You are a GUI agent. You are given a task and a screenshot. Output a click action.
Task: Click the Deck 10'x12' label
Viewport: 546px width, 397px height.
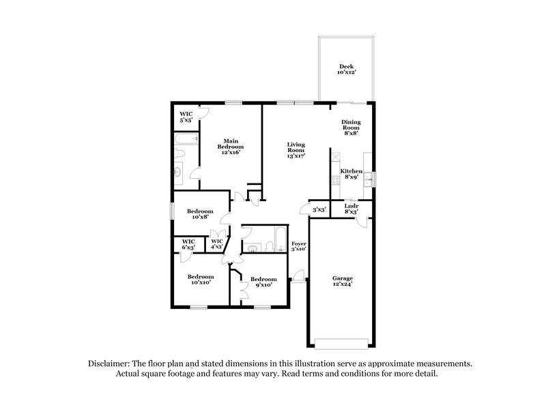[346, 69]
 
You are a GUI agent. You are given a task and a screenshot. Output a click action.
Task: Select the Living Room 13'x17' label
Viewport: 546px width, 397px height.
[296, 150]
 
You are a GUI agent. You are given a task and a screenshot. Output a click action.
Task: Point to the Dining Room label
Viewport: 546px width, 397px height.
[351, 127]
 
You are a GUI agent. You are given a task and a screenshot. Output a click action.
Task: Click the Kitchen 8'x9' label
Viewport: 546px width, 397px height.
[351, 174]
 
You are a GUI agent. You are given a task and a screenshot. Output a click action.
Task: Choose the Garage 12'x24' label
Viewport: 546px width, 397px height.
[342, 281]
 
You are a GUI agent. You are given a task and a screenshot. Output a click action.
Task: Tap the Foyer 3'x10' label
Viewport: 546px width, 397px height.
[299, 246]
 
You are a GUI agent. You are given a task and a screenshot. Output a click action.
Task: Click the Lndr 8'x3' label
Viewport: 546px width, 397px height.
[351, 209]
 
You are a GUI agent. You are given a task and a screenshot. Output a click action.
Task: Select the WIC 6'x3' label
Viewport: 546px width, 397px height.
[188, 245]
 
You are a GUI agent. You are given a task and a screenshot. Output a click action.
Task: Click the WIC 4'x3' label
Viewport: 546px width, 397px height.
[217, 245]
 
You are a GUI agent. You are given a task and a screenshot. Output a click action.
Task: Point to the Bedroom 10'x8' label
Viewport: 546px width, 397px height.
[201, 214]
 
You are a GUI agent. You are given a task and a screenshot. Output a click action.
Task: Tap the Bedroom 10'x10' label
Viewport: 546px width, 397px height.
[200, 280]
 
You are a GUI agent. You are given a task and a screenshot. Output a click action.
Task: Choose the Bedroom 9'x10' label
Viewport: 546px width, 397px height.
[263, 282]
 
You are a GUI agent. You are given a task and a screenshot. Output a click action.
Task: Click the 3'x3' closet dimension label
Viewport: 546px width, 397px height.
[318, 209]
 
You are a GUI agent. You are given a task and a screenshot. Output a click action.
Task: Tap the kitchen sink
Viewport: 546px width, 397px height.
[368, 179]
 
